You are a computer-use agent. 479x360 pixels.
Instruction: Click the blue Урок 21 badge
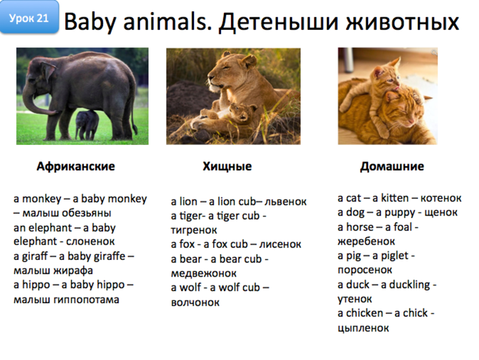click(29, 18)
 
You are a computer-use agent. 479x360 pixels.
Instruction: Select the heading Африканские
click(75, 166)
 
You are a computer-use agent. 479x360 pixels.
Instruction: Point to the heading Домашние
click(392, 166)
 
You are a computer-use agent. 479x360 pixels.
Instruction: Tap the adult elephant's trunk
click(30, 102)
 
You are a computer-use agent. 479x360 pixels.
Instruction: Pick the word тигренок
click(193, 230)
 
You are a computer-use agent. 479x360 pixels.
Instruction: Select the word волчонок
click(195, 302)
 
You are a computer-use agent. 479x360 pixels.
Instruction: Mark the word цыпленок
click(363, 328)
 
